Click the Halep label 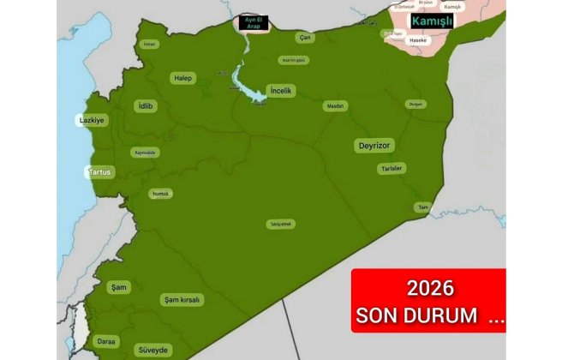coord(183,78)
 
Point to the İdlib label coord(146,106)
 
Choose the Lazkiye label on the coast coord(92,121)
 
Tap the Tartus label coord(99,172)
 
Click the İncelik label coord(281,90)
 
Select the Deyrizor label coord(374,147)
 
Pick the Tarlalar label coord(392,169)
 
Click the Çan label coord(305,38)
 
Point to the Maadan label coord(335,105)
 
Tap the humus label coord(160,194)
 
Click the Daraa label coord(106,341)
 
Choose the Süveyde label coord(154,350)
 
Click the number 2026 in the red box coord(429,288)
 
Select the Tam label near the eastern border coord(422,207)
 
